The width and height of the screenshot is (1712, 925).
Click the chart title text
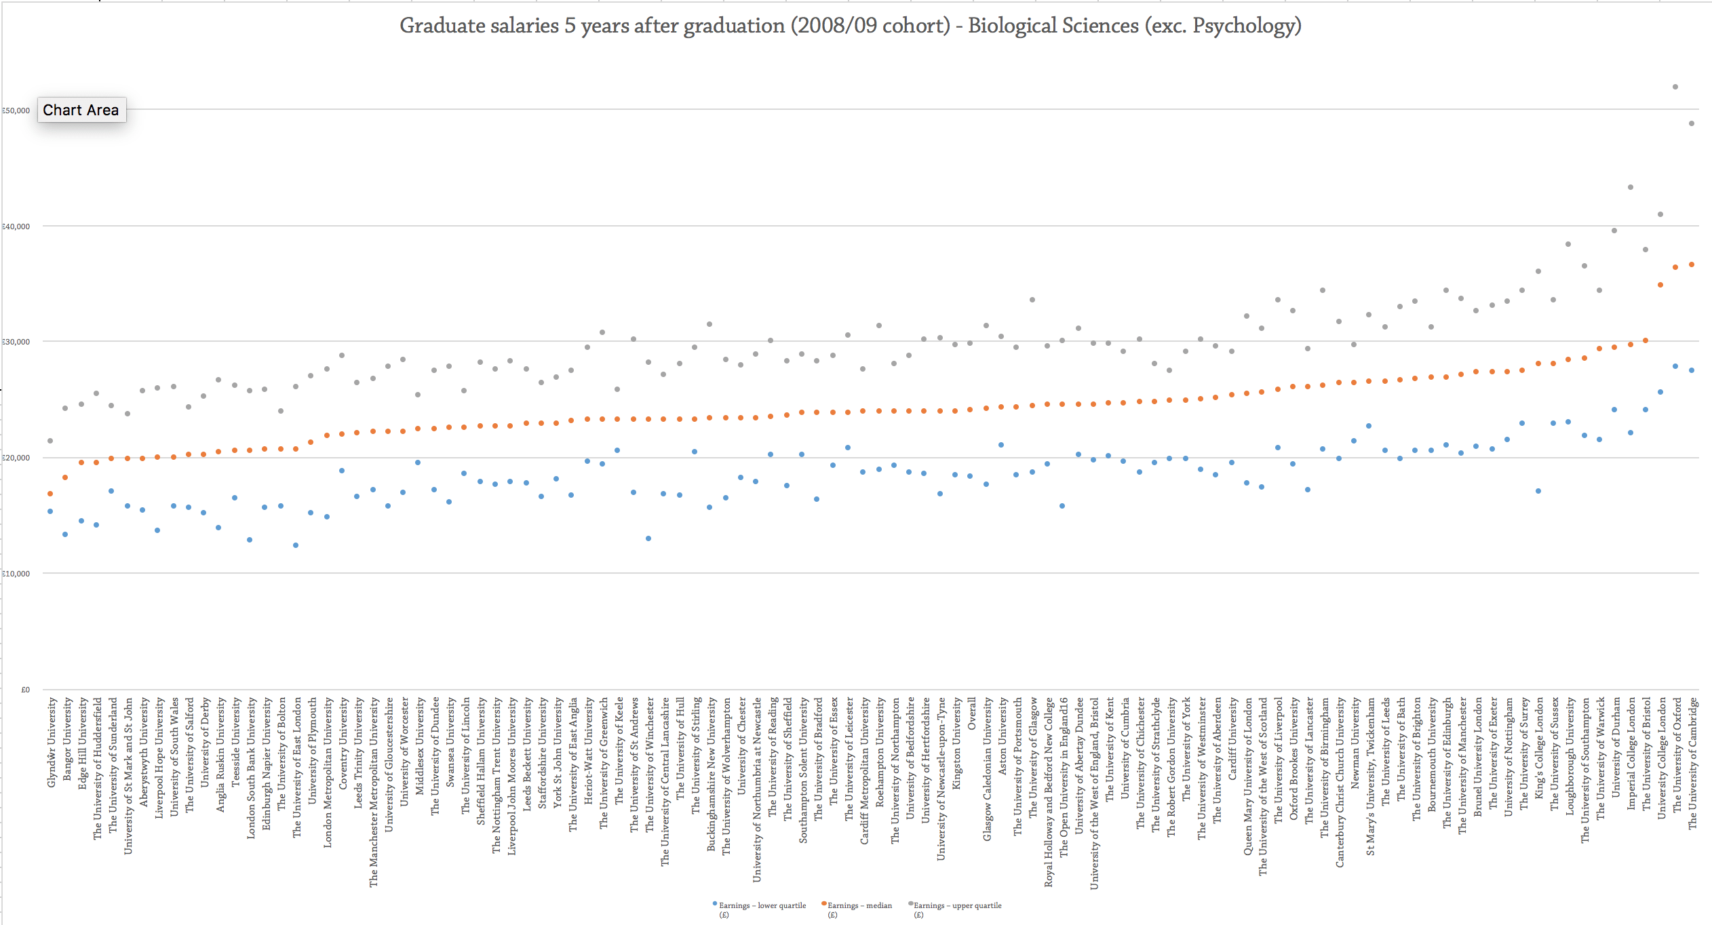(x=850, y=26)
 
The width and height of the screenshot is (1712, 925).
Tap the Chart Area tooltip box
(x=81, y=110)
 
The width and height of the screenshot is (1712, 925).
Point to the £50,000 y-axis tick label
(x=16, y=111)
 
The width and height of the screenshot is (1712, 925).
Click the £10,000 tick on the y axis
(x=16, y=574)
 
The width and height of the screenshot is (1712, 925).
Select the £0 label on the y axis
(x=25, y=690)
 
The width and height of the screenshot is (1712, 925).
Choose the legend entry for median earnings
(x=859, y=906)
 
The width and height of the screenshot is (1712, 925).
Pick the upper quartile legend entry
(x=956, y=906)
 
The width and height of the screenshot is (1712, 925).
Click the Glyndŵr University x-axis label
(x=52, y=743)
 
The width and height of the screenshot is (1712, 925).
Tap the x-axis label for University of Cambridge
(x=1693, y=763)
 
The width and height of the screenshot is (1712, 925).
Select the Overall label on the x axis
(x=972, y=713)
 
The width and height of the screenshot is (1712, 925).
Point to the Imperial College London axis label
(x=1631, y=753)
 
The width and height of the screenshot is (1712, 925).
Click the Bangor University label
(x=67, y=739)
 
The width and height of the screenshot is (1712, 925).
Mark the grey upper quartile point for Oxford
(x=1675, y=87)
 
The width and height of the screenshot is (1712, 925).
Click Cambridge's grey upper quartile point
(x=1692, y=123)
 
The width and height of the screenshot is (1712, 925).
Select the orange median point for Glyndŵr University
(x=50, y=494)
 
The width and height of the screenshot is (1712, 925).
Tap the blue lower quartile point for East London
(x=296, y=545)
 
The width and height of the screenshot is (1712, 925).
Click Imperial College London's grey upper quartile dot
(x=1631, y=187)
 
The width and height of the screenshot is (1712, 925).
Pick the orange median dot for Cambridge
(x=1692, y=264)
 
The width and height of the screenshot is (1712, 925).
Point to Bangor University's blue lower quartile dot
(x=65, y=534)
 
